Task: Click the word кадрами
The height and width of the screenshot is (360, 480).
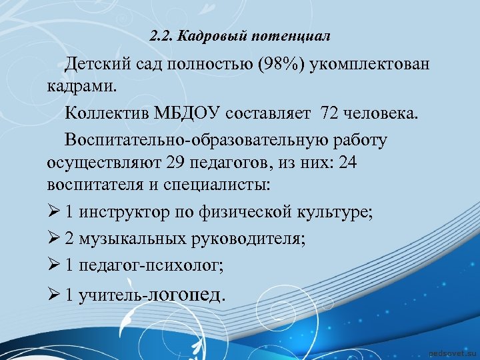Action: (80, 86)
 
